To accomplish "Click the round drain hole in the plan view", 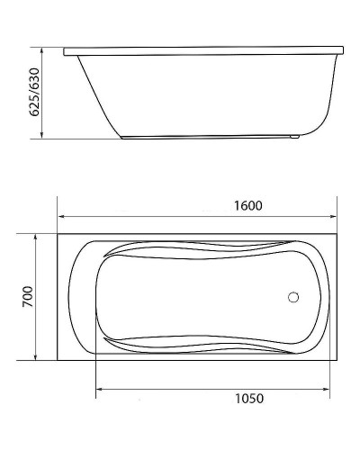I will pyautogui.click(x=292, y=295).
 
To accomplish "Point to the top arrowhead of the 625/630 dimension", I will pyautogui.click(x=42, y=46).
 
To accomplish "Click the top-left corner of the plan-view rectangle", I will pyautogui.click(x=58, y=233).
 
